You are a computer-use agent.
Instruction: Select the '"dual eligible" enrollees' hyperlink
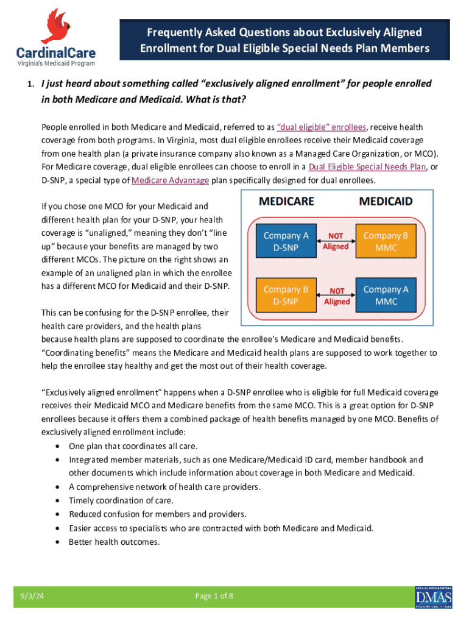click(x=322, y=127)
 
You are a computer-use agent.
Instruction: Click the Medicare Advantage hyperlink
click(x=171, y=180)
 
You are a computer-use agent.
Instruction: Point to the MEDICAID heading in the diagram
click(x=386, y=201)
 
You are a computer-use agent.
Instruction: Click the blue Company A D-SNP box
click(x=286, y=241)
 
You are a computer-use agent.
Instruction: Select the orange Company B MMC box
click(x=386, y=241)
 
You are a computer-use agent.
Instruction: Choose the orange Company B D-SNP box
click(x=286, y=295)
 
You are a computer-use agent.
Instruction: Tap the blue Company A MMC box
click(x=386, y=295)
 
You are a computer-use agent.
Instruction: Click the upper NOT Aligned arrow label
click(x=336, y=241)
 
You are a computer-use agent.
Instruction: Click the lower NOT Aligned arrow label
click(x=336, y=295)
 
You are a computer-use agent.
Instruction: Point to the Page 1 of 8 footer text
click(x=214, y=597)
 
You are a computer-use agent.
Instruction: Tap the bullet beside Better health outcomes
click(x=57, y=541)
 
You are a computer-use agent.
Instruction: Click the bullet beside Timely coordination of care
click(x=57, y=500)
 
